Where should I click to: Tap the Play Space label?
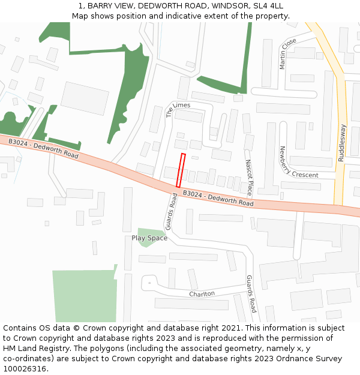point(149,238)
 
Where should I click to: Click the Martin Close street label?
point(288,53)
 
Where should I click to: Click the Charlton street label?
point(202,294)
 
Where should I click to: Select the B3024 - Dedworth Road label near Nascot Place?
point(218,199)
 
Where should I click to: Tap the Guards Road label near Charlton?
point(251,294)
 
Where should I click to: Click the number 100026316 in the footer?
point(25,368)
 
